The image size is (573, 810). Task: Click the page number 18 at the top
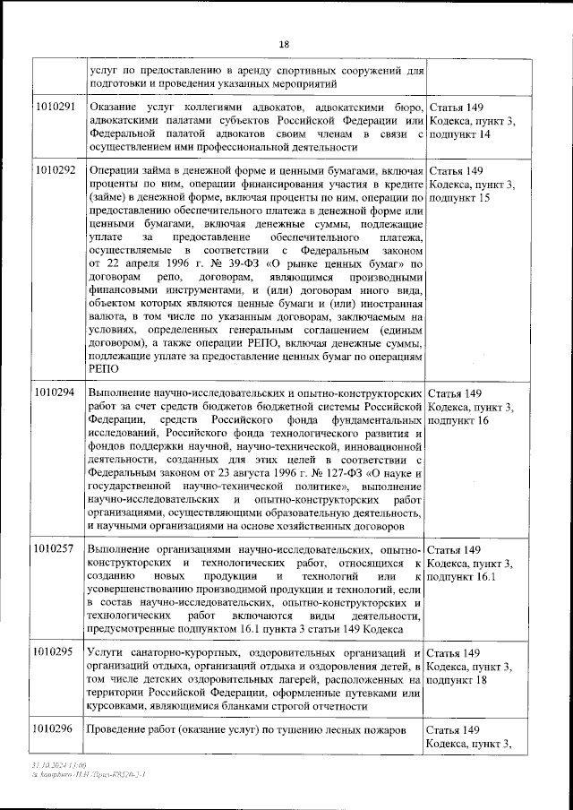284,45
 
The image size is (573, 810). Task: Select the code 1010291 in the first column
56,107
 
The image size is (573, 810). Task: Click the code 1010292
56,169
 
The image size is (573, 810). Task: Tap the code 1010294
56,393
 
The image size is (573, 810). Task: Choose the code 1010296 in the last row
56,728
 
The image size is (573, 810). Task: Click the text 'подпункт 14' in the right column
459,134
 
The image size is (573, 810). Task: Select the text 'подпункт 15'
459,196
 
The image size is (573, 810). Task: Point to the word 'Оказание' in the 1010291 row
112,108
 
